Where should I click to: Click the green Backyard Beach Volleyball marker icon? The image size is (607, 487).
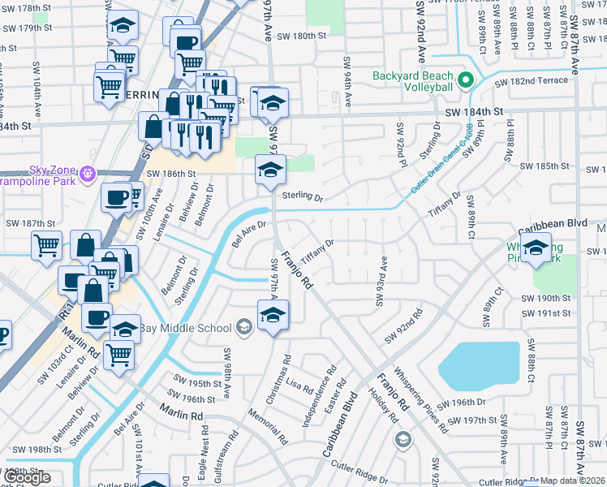point(466,80)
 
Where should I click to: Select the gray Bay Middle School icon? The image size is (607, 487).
point(242,327)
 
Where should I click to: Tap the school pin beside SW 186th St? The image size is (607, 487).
point(270,170)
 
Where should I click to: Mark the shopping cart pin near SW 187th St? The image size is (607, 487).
point(46,245)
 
